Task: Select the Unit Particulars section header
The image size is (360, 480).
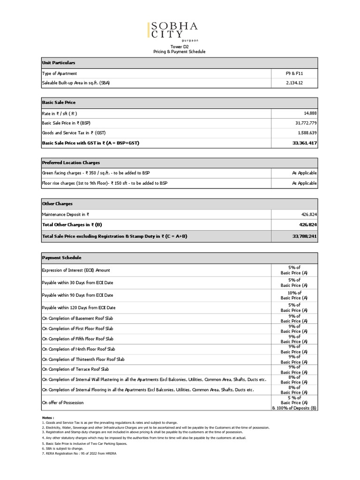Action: (59, 62)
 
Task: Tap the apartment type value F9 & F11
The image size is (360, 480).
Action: (294, 74)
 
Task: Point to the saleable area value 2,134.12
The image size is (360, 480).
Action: (294, 83)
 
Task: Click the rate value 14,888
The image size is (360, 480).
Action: (308, 113)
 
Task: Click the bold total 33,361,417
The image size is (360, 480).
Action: (303, 142)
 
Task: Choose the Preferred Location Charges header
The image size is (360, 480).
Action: (71, 162)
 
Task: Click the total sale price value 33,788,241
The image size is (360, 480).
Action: (303, 236)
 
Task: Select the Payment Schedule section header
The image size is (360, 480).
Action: (61, 258)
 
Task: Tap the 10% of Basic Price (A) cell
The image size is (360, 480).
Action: (294, 295)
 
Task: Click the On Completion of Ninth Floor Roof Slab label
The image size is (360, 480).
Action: (78, 349)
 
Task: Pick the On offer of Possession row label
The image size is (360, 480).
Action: (63, 402)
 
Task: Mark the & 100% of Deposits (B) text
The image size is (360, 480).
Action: (294, 408)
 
